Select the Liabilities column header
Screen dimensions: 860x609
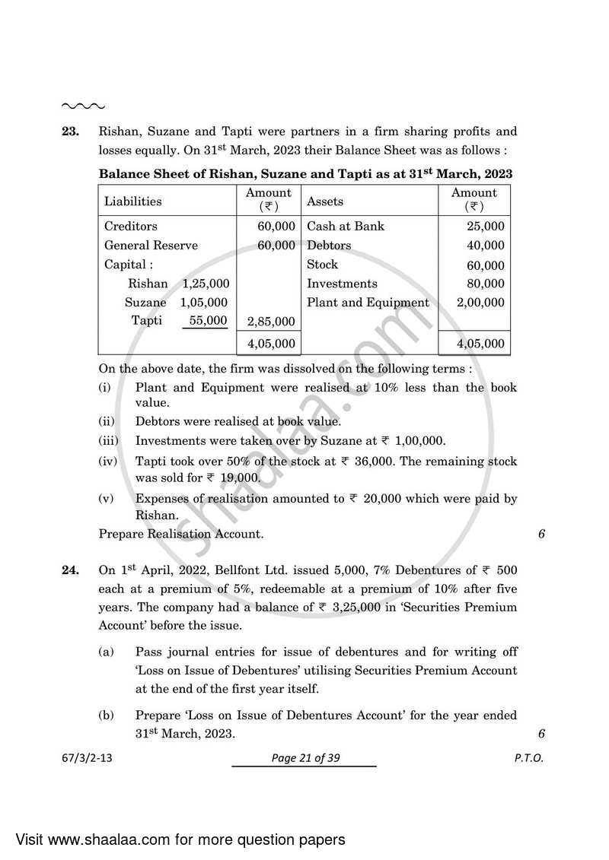point(132,202)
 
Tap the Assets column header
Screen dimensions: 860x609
point(324,202)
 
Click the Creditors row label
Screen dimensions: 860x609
point(130,226)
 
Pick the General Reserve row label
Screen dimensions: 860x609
point(151,245)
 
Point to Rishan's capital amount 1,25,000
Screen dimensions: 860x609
point(206,283)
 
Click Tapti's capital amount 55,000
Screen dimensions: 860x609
point(208,320)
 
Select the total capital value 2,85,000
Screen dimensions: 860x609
point(271,322)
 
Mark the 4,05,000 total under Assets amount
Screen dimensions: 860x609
point(480,344)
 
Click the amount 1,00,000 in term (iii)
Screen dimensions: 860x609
point(418,441)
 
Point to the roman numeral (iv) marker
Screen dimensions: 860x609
point(107,462)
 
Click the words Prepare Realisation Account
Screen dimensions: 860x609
point(181,534)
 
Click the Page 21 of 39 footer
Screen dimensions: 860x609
point(304,758)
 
